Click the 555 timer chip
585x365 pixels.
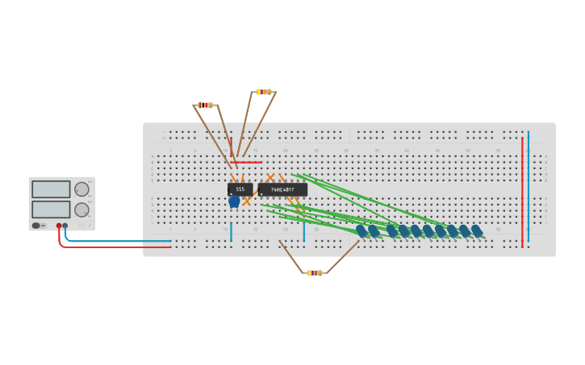[x=240, y=189]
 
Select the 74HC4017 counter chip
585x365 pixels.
[x=282, y=189]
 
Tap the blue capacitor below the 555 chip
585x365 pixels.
[x=234, y=201]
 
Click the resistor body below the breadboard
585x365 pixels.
[x=315, y=273]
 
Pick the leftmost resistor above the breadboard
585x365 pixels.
[x=205, y=105]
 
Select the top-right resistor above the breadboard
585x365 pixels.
[x=264, y=92]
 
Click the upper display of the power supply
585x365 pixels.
[x=51, y=189]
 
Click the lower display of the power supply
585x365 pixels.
[x=51, y=209]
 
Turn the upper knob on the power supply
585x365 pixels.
[x=81, y=189]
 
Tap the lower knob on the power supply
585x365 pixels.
[x=81, y=209]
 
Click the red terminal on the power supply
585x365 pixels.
[x=59, y=226]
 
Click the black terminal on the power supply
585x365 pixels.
[x=65, y=226]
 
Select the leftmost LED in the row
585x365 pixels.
[x=361, y=231]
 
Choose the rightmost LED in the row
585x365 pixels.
[x=477, y=231]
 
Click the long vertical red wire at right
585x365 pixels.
[x=522, y=193]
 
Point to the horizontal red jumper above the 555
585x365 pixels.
[x=246, y=162]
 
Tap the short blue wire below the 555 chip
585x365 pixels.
[x=231, y=232]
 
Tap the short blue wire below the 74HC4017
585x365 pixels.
[x=304, y=232]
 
